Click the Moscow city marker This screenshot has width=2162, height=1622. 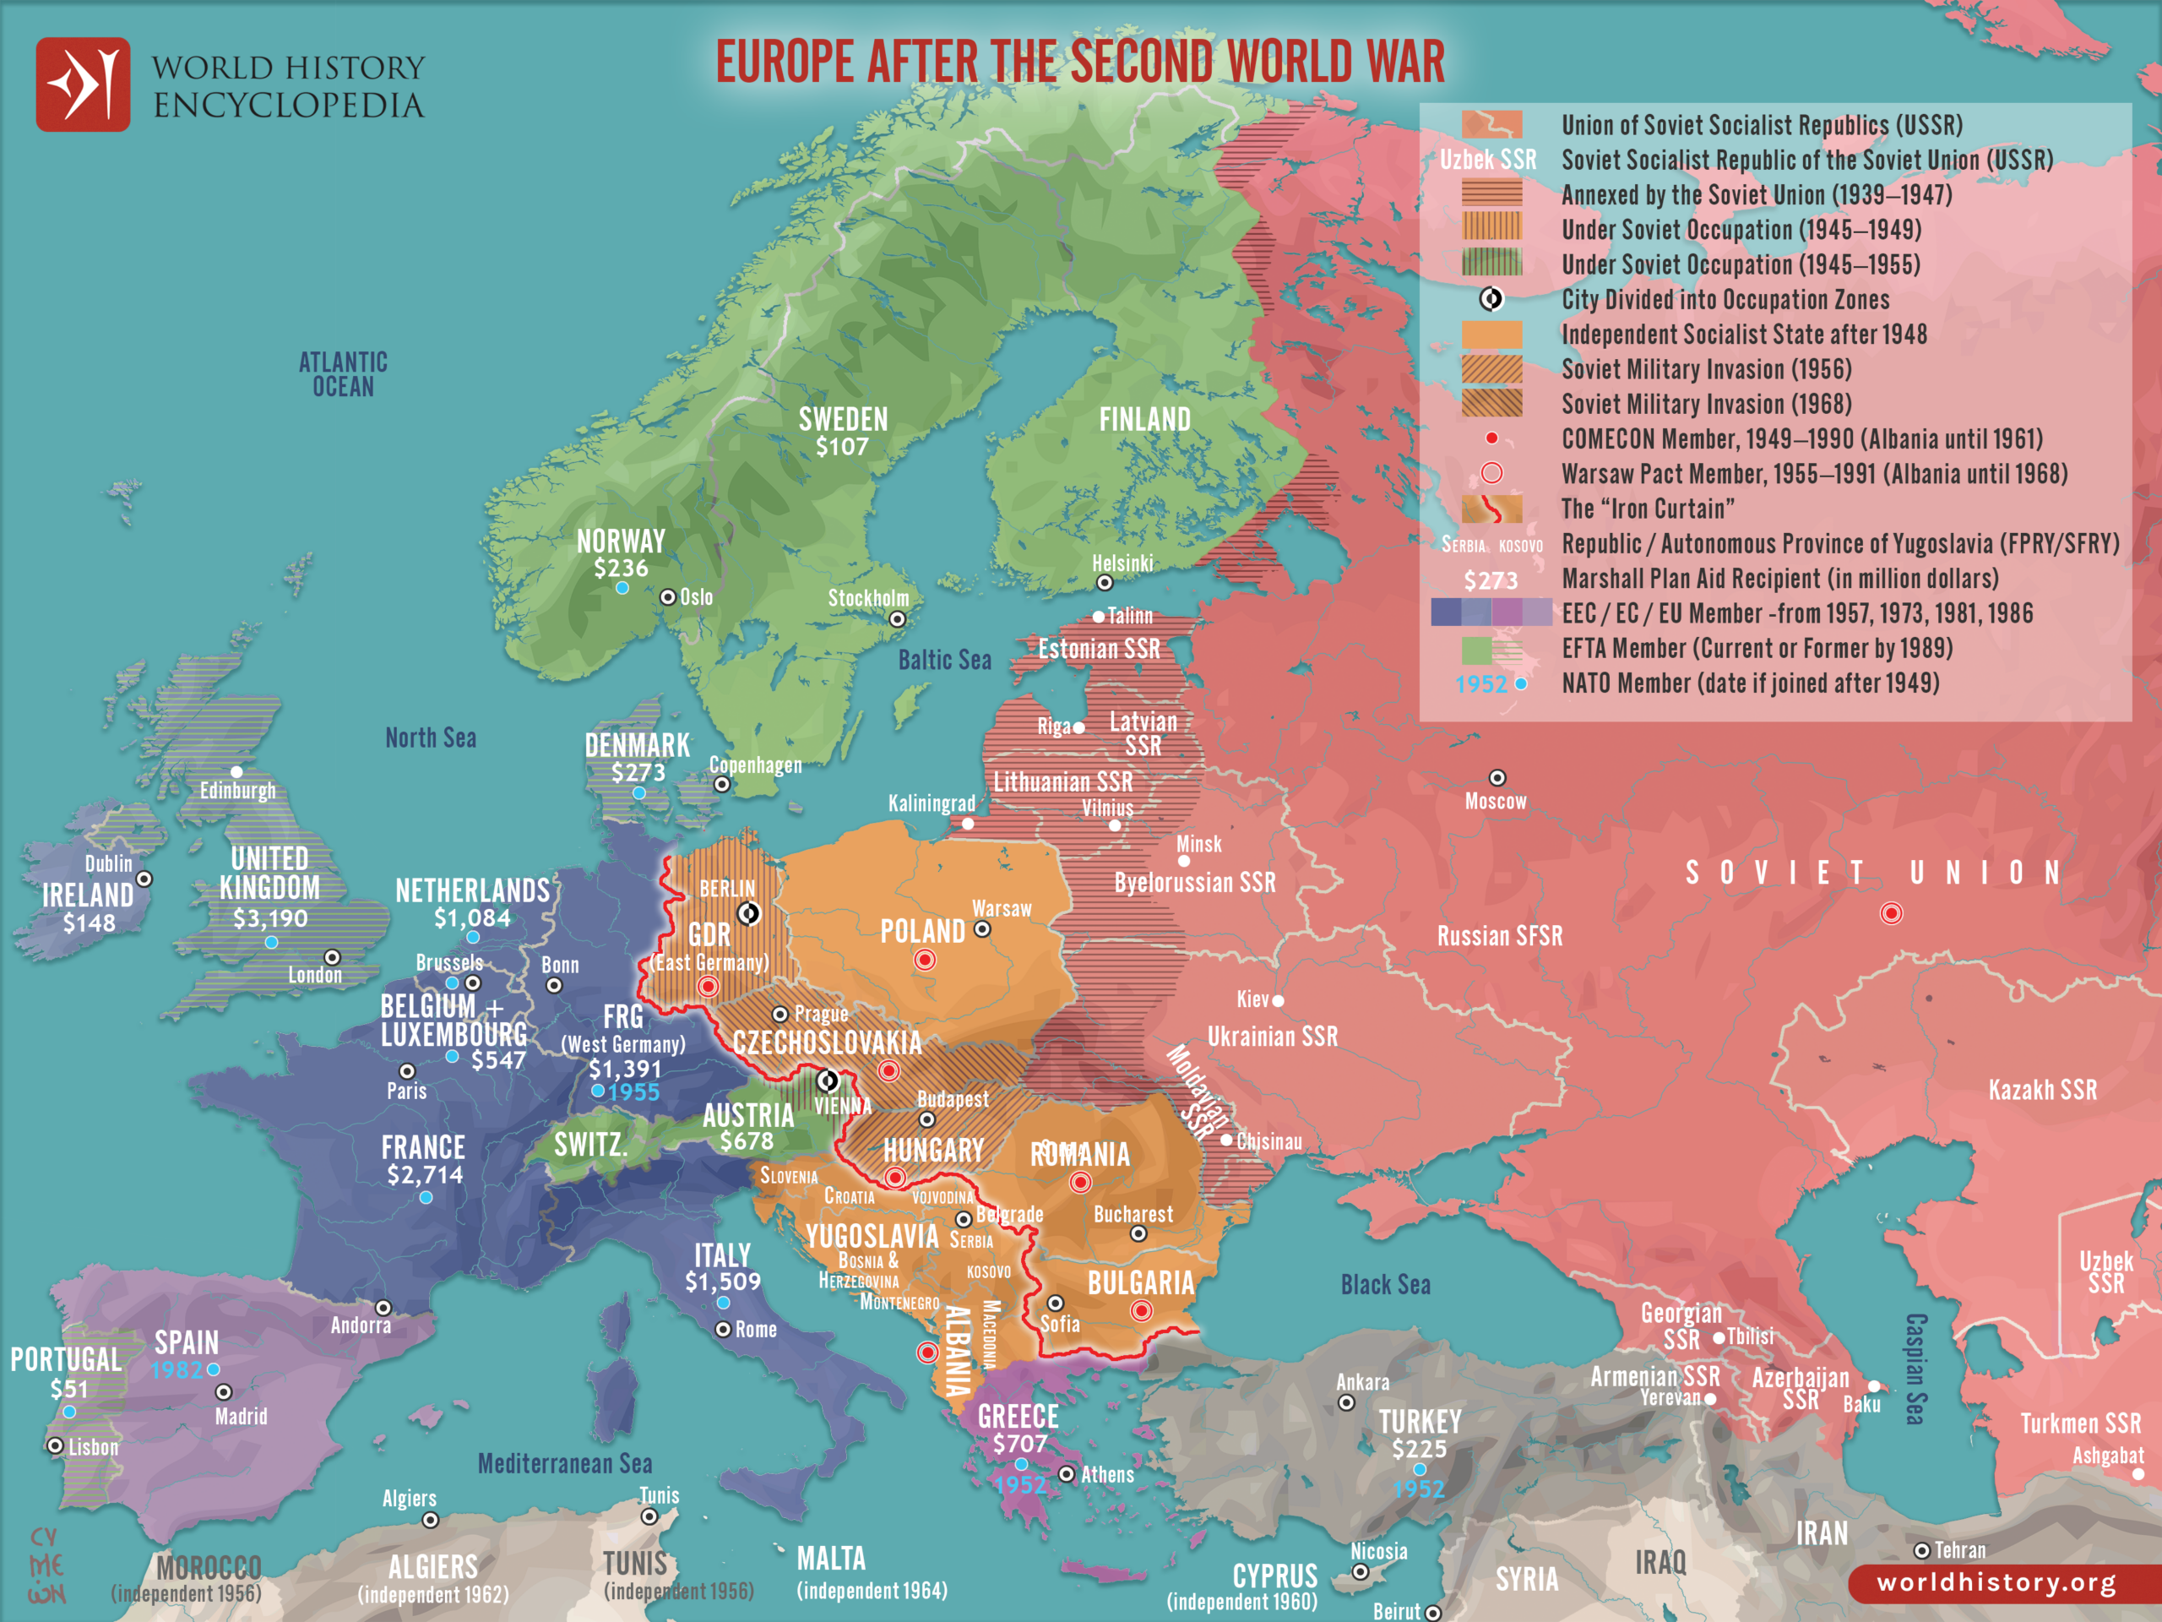coord(1497,778)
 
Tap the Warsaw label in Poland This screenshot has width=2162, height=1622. coord(1001,908)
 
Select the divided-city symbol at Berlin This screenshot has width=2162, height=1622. coord(749,913)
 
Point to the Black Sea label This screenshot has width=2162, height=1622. coord(1385,1285)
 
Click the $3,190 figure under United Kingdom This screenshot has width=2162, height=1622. coord(269,918)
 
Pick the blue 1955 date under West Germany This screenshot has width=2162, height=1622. coord(633,1092)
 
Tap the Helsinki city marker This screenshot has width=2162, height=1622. coord(1105,583)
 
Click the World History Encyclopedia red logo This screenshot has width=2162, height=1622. coord(83,84)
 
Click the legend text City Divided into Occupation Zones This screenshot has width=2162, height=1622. coord(1725,299)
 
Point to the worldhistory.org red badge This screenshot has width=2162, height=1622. coord(1996,1582)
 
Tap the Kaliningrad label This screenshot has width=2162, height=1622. coord(931,803)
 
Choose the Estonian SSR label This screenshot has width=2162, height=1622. coord(1099,649)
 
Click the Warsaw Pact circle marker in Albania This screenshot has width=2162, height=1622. coord(927,1353)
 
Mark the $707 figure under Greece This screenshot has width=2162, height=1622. coord(1019,1443)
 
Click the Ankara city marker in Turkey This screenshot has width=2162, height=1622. coord(1346,1403)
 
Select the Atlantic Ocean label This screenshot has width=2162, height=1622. coord(343,374)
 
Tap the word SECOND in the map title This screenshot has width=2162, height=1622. coord(1143,62)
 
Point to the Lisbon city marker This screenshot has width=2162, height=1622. coord(56,1446)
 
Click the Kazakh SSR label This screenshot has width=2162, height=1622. coord(2042,1090)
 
